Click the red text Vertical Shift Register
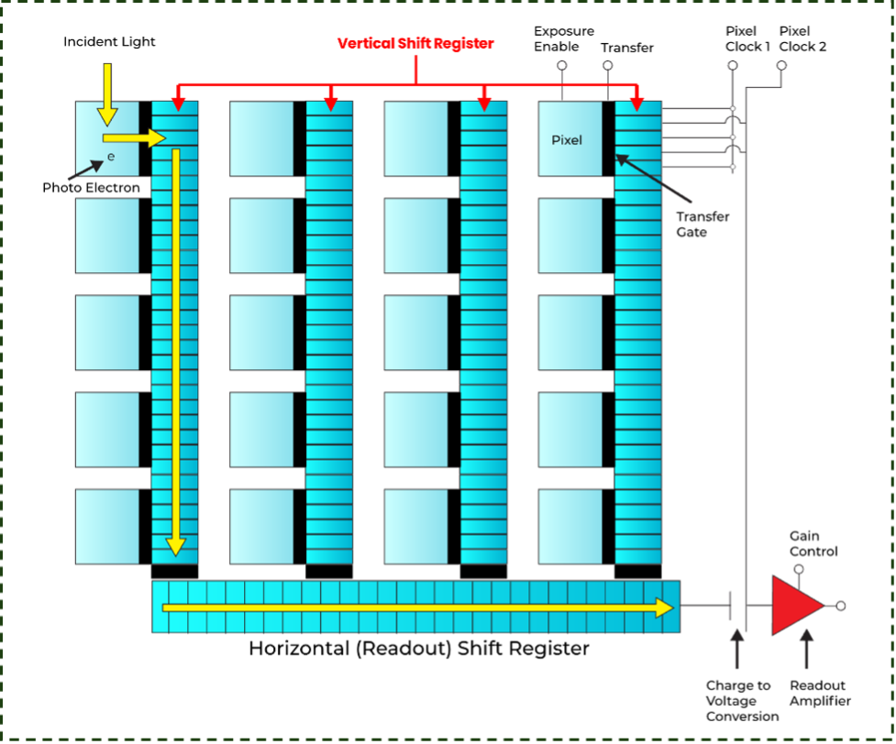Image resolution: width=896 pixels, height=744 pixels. (415, 43)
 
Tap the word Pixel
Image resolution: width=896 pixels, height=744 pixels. (567, 140)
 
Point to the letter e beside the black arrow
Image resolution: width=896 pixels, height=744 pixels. (111, 157)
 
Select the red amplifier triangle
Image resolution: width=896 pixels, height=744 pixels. (795, 605)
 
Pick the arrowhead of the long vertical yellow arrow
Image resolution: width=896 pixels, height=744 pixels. (175, 546)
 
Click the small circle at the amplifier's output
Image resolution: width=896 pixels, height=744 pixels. (840, 606)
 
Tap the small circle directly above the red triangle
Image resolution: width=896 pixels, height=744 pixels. (799, 569)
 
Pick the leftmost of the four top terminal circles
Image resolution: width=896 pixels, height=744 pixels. (561, 65)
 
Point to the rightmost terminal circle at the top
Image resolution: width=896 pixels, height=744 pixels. (781, 65)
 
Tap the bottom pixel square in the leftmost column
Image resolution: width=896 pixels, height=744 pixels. (107, 526)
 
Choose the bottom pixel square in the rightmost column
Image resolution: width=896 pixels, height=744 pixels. (570, 526)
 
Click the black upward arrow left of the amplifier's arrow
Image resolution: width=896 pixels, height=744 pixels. (736, 649)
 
